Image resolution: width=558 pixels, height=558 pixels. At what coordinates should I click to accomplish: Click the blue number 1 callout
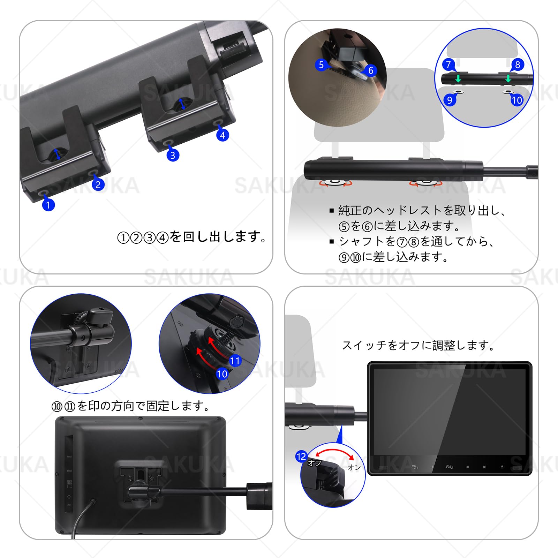pos(48,205)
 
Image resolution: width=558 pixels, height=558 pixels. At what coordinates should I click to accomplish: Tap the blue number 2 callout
pos(98,184)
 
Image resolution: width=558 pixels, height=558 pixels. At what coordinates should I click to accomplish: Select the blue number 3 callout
pos(173,155)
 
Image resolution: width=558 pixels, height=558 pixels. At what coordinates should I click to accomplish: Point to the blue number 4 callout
pos(223,135)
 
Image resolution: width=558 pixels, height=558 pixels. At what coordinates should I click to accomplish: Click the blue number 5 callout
pos(321,65)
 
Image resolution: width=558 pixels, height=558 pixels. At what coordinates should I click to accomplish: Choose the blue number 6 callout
pos(371,70)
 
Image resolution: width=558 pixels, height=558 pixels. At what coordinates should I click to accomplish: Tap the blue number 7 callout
pos(448,65)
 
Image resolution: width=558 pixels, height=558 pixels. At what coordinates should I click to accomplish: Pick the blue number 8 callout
pos(517,65)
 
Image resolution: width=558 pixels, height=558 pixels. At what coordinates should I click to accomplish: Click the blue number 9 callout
pos(450,100)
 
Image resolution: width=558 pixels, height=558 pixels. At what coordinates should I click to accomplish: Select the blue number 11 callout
pos(235,361)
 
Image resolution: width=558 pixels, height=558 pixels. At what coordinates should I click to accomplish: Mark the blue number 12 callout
pos(301,457)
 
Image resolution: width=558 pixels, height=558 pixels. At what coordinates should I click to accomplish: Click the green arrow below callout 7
pos(458,79)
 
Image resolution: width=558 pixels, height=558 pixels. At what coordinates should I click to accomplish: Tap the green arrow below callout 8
pos(508,78)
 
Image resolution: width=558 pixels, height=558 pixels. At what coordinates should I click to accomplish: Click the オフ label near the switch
pos(314,463)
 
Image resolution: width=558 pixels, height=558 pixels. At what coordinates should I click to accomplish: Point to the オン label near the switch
pos(354,467)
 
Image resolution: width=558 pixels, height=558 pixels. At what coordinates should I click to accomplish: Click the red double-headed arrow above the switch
pos(334,453)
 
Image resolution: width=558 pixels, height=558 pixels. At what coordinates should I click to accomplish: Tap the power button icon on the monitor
pos(449,467)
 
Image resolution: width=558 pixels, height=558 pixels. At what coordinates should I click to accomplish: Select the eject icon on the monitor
pos(502,467)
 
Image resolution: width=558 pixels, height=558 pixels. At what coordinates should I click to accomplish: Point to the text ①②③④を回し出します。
pos(191,237)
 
